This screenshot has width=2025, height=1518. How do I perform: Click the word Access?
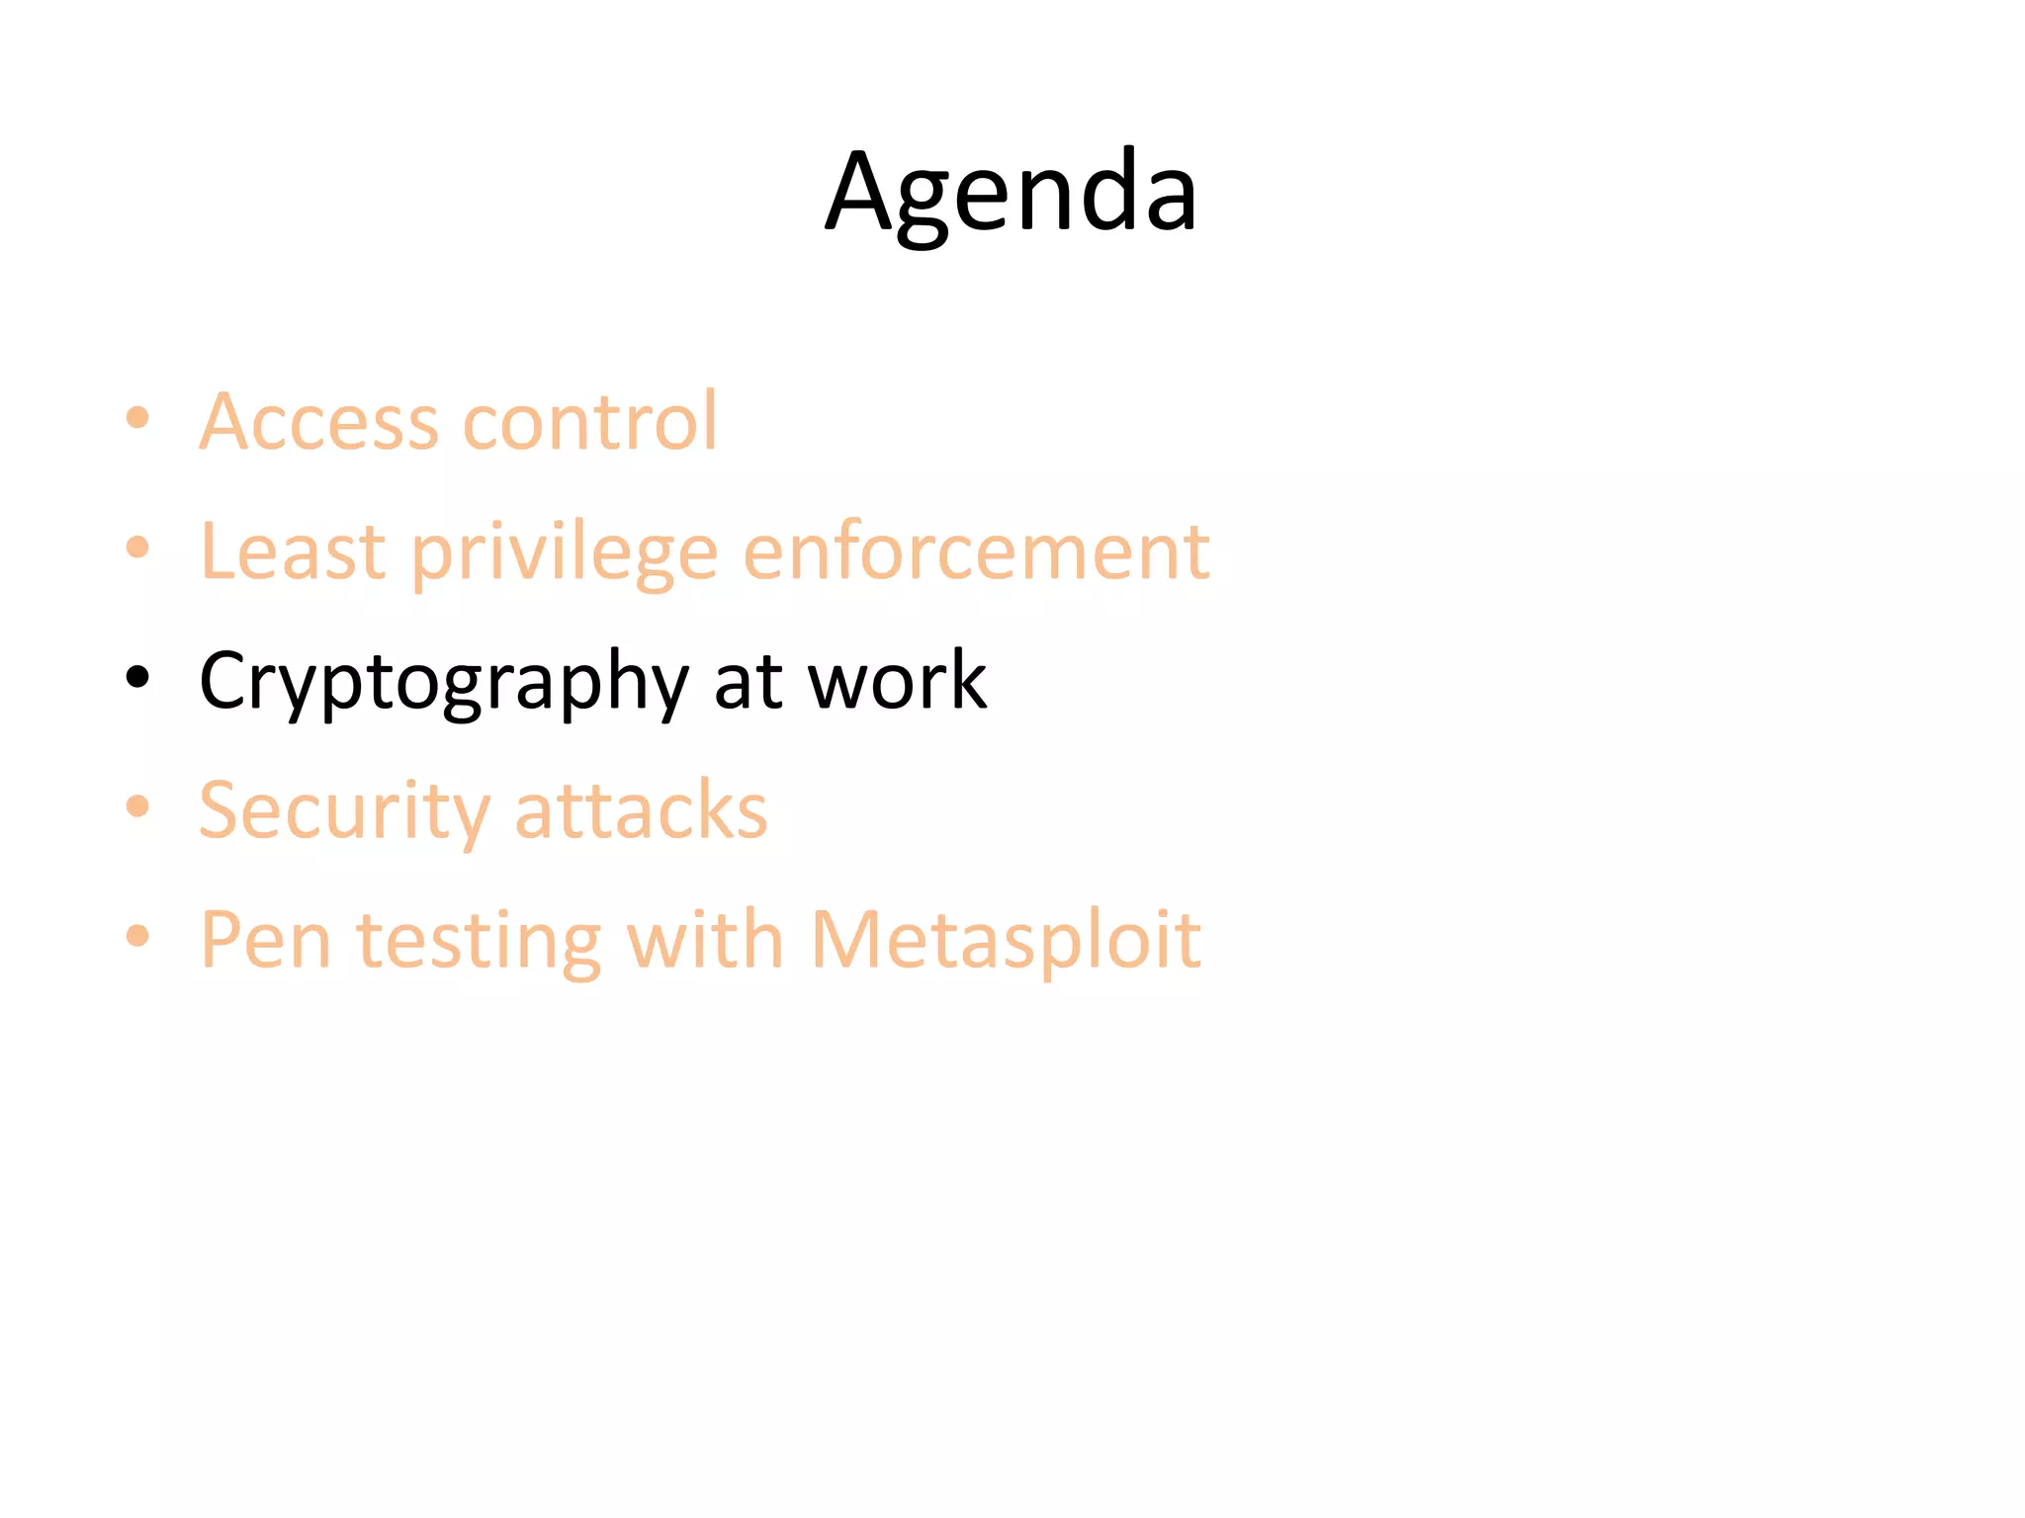[318, 422]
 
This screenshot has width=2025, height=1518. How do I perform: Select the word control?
[590, 422]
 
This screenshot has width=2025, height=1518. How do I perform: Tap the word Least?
[293, 551]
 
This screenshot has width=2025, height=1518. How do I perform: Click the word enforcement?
[976, 551]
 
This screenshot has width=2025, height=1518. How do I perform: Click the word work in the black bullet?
[897, 681]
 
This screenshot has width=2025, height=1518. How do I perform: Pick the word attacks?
[641, 810]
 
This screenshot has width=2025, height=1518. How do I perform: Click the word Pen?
[265, 940]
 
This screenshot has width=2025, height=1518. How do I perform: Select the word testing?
[479, 942]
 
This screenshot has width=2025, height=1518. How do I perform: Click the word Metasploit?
[1006, 940]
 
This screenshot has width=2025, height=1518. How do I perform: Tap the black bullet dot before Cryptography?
[137, 678]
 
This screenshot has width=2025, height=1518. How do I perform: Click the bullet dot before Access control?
[137, 418]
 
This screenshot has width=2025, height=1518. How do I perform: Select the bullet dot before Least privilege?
[137, 548]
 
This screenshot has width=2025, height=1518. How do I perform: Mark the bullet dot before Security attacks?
[137, 806]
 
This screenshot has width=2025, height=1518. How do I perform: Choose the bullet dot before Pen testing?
[137, 936]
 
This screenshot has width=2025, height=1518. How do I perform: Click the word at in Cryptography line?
[748, 681]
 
